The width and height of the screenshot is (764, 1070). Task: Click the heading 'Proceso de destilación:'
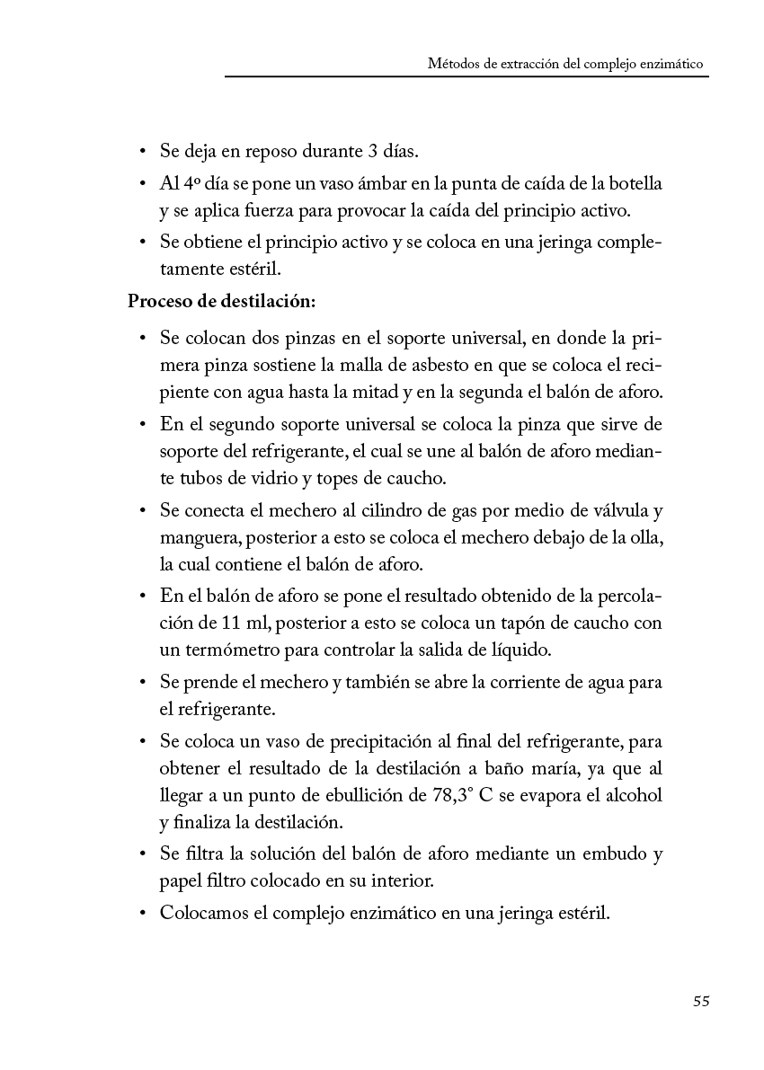pos(221,301)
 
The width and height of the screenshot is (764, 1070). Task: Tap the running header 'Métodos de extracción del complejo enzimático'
pos(565,65)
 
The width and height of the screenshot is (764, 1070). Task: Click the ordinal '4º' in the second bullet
pos(192,184)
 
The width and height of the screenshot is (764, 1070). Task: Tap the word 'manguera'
pos(199,537)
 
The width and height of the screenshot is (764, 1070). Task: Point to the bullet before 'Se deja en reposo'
pos(143,150)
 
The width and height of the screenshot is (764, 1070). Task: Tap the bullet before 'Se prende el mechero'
pos(143,682)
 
